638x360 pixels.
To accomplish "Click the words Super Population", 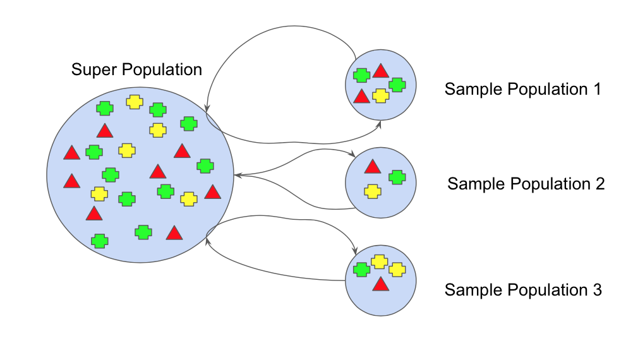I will pyautogui.click(x=136, y=69).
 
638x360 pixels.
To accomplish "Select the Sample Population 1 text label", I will pyautogui.click(x=522, y=89).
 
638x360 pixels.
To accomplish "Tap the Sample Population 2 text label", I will pyautogui.click(x=526, y=184).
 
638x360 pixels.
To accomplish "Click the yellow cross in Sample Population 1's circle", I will pyautogui.click(x=380, y=95).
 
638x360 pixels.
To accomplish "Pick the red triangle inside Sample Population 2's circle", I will pyautogui.click(x=373, y=167).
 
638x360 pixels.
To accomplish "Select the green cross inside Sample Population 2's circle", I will pyautogui.click(x=397, y=177).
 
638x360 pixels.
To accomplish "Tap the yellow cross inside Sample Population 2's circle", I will pyautogui.click(x=373, y=191).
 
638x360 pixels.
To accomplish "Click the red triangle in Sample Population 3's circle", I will pyautogui.click(x=380, y=284).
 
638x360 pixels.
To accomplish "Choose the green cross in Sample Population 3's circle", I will pyautogui.click(x=361, y=270).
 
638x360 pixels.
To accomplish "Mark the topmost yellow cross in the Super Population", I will pyautogui.click(x=134, y=102).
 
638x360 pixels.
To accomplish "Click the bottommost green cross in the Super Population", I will pyautogui.click(x=99, y=241).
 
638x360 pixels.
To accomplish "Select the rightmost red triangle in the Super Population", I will pyautogui.click(x=212, y=192).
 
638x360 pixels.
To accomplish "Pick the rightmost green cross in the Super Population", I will pyautogui.click(x=204, y=166).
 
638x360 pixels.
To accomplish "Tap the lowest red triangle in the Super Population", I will pyautogui.click(x=174, y=233).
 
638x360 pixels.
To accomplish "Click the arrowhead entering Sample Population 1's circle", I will pyautogui.click(x=380, y=124).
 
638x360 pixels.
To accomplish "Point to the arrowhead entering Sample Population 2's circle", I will pyautogui.click(x=351, y=153).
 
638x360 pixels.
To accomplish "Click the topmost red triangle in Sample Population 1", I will pyautogui.click(x=380, y=71).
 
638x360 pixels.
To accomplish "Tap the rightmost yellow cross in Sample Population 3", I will pyautogui.click(x=397, y=270).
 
